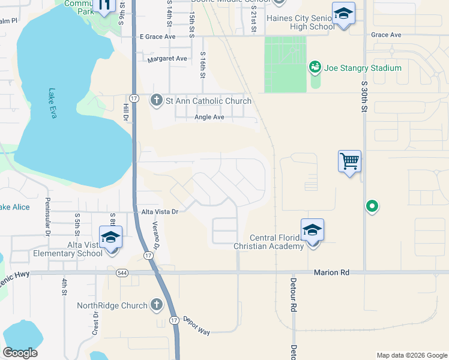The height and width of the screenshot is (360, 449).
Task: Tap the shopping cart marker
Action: [x=349, y=161]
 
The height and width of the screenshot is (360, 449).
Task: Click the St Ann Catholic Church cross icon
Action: [x=157, y=100]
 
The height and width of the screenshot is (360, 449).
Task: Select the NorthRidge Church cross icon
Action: [x=157, y=305]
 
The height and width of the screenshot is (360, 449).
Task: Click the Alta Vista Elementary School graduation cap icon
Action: [x=110, y=237]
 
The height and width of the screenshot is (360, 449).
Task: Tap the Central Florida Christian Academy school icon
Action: [x=312, y=230]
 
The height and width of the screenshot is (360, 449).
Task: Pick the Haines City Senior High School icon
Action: [x=343, y=14]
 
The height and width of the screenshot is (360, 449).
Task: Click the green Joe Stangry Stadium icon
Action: [x=315, y=68]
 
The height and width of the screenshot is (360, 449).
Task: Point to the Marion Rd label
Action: [x=331, y=273]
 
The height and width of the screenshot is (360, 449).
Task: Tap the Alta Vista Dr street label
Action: [x=160, y=212]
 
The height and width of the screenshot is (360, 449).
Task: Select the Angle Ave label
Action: [x=209, y=117]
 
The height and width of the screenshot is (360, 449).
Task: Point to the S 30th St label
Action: [x=364, y=97]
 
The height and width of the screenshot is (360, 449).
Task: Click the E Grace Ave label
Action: [x=157, y=37]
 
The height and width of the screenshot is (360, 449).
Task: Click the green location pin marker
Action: [x=372, y=207]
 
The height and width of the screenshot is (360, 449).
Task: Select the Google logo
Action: [x=20, y=353]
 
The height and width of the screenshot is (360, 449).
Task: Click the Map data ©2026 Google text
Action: [x=411, y=355]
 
